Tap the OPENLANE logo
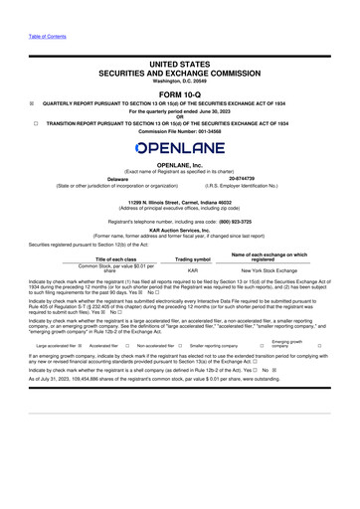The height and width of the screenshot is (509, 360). [179, 148]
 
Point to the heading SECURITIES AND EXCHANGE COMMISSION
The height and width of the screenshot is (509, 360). [179, 73]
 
